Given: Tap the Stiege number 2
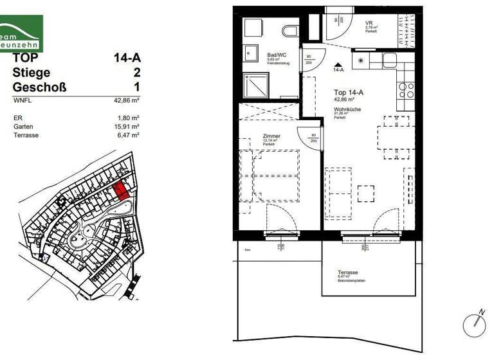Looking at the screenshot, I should [136, 73].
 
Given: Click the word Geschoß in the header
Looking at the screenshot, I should [39, 87].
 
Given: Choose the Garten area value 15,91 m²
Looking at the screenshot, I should [127, 127].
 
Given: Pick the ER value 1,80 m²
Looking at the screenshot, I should [129, 118].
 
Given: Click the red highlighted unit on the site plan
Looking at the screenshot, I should [120, 191].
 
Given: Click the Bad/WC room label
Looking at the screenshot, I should [277, 55].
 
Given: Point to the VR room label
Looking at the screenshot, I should [369, 22].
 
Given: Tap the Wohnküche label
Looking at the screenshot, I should [347, 110].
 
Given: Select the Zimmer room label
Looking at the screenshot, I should [271, 136].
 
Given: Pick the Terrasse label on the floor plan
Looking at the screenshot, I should [347, 273].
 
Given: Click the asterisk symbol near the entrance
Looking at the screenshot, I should [360, 61].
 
